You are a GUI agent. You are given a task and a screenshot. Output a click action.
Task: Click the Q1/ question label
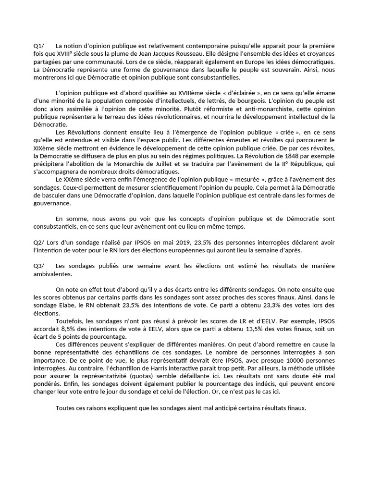click(38, 45)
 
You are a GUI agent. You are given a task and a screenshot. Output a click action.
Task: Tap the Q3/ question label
click(38, 266)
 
